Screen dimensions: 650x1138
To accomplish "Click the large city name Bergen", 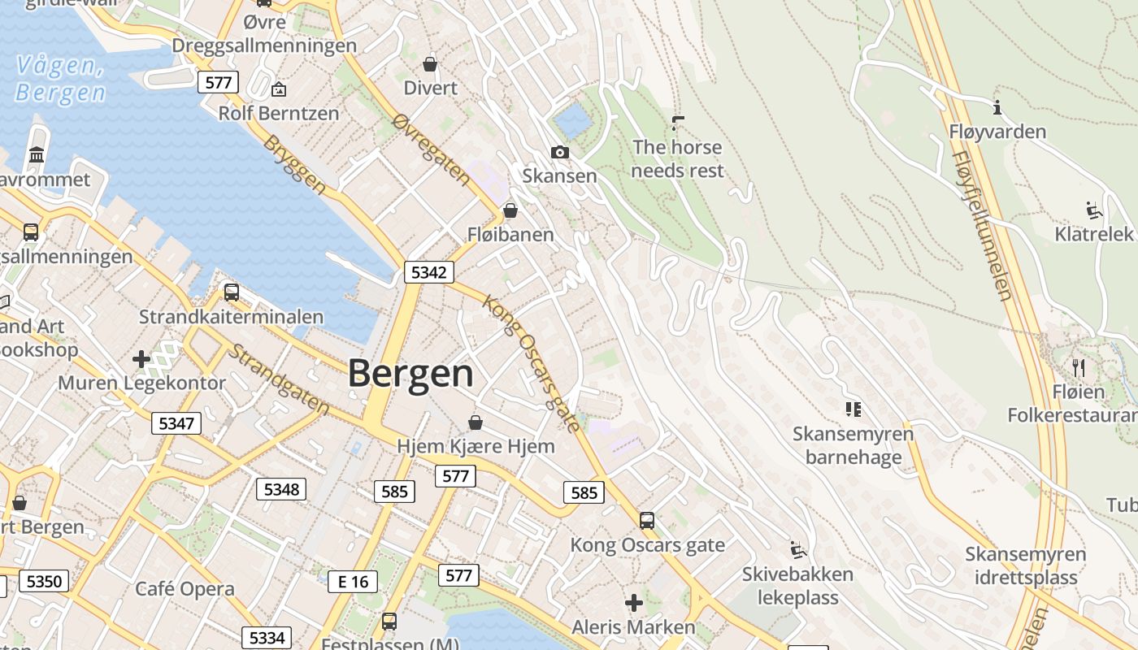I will coord(410,375).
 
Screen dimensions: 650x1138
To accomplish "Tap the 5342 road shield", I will coord(428,273).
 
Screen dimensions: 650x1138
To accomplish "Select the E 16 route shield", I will coord(354,581).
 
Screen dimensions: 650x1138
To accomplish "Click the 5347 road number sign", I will coord(176,422).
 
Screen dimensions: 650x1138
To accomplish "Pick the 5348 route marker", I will coord(282,489).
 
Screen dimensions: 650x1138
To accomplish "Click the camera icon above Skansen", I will coord(559,152).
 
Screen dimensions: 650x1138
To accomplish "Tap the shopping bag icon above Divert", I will coord(430,64).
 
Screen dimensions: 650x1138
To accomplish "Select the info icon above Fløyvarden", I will coord(997,107).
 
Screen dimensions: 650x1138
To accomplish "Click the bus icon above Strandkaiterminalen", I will coord(232,292).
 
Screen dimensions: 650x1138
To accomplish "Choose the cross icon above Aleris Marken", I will coord(633,603).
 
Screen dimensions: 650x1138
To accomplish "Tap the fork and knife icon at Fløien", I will coord(1079,367).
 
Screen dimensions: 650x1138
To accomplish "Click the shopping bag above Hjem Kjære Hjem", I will coord(476,422).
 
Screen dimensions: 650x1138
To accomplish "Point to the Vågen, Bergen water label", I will coord(60,79).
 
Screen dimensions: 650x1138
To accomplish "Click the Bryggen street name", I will coord(294,165).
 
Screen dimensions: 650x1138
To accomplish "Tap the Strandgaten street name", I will coord(278,379).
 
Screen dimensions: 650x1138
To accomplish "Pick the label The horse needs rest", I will coord(677,159).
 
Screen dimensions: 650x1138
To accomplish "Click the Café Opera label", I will coord(185,589).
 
